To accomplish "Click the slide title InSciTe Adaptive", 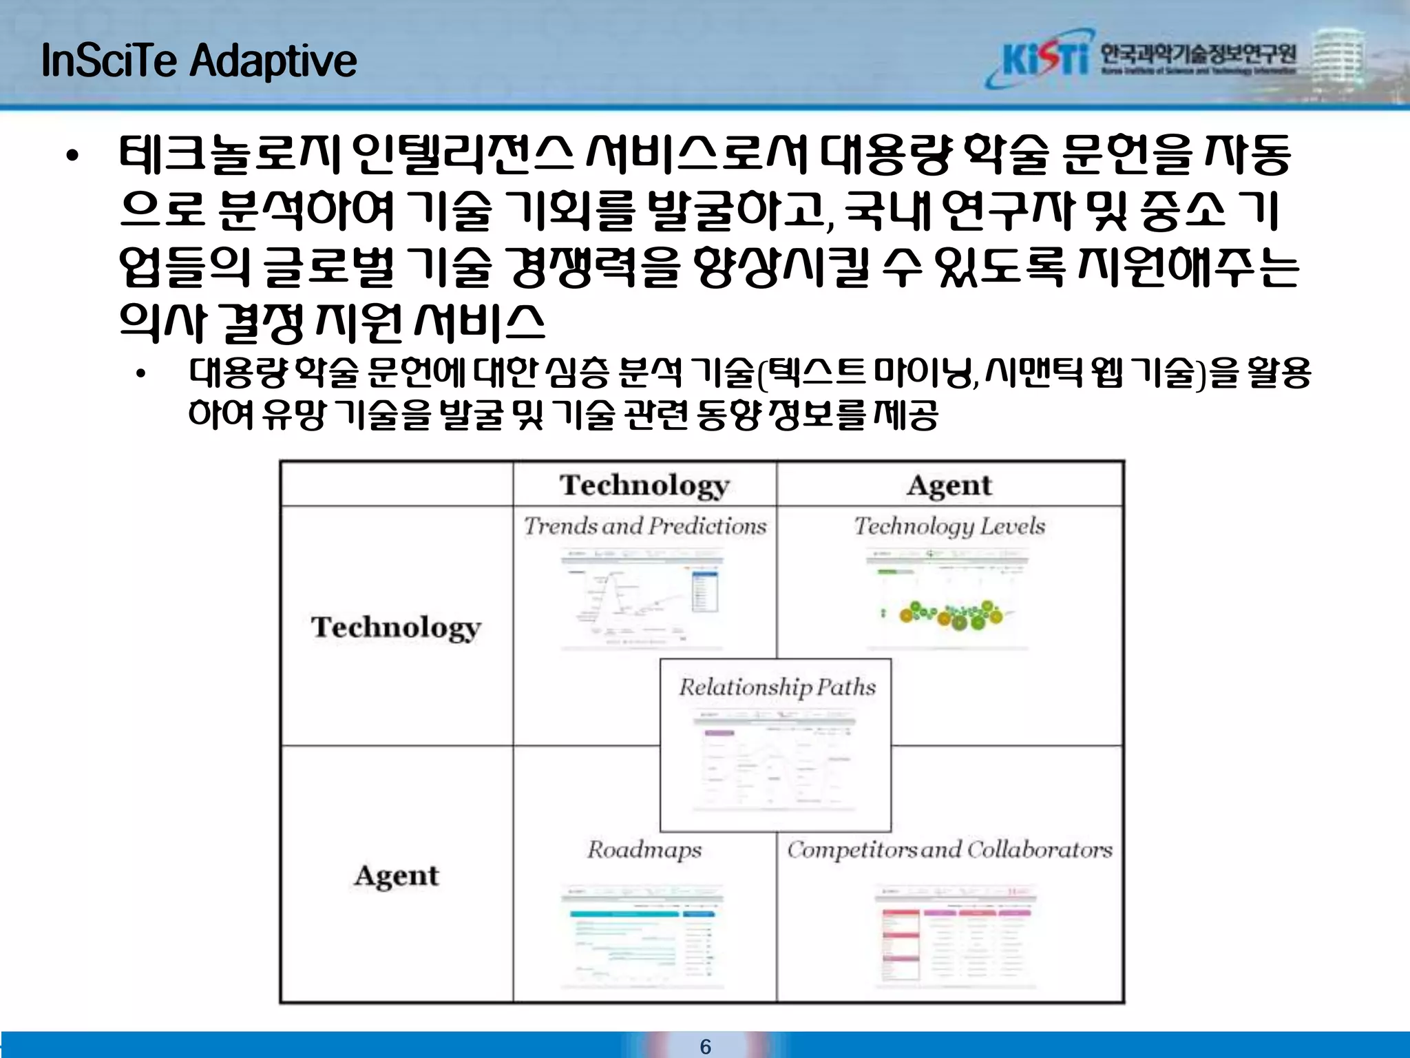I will [199, 61].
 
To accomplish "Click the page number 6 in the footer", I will [705, 1046].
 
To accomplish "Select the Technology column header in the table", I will [644, 485].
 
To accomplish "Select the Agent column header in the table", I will [949, 485].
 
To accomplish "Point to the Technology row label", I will [396, 627].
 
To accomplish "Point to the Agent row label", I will [396, 875].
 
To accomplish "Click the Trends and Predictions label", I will [644, 526].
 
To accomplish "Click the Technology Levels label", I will [949, 526].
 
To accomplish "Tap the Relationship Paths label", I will [777, 687].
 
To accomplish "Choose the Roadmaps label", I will [644, 849].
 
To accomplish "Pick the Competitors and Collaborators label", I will [949, 849].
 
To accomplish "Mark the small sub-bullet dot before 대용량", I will [141, 375].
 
